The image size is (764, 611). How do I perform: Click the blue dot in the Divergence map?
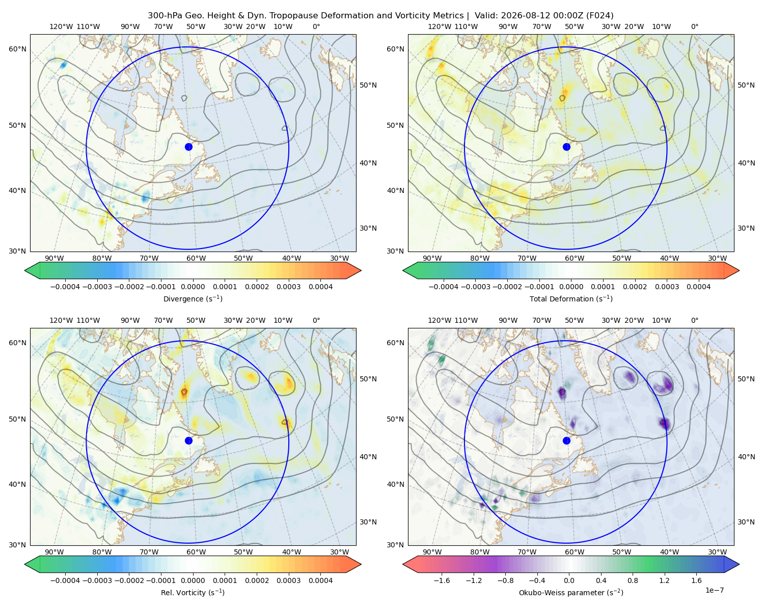[188, 147]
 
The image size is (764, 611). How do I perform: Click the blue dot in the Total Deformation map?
[566, 147]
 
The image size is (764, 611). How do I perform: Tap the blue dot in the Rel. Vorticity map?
[188, 440]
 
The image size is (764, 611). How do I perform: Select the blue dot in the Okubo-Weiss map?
[566, 440]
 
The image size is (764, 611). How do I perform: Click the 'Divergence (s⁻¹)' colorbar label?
[193, 298]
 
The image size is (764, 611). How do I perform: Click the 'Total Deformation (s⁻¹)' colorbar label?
[571, 298]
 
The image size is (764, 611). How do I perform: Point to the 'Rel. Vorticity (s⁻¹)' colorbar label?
[193, 592]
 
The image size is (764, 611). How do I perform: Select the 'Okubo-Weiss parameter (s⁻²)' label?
[571, 592]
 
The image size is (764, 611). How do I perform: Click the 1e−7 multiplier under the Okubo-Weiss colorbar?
[714, 590]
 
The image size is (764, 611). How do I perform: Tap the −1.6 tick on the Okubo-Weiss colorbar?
[442, 580]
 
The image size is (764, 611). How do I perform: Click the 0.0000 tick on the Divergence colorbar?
[193, 287]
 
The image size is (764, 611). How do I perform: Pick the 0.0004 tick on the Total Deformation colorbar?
[698, 287]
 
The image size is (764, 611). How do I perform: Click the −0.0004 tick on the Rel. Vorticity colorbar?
[65, 580]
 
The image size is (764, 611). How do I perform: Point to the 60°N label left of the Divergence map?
[17, 49]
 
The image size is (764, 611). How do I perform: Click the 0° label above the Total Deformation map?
[694, 26]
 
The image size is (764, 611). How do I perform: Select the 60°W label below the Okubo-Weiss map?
[574, 552]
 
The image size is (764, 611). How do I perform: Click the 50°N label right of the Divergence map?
[368, 85]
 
